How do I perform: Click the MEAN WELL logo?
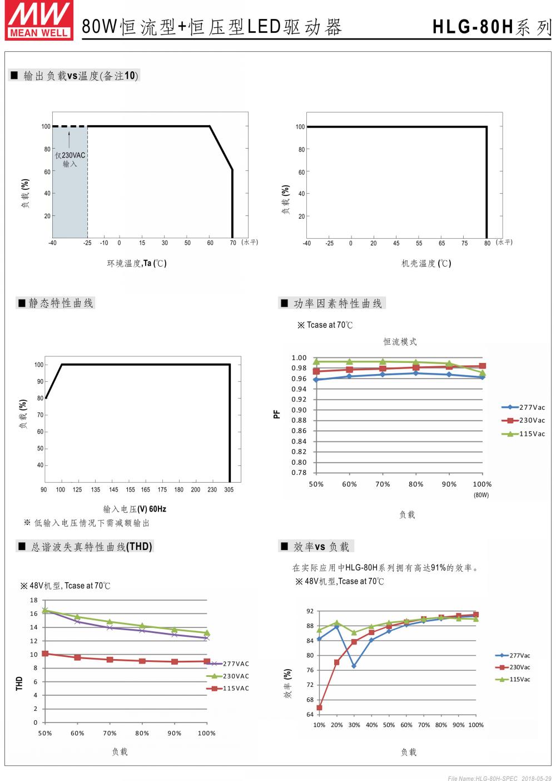[38, 19]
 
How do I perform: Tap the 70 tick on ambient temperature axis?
[233, 243]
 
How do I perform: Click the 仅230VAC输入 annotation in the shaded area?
[70, 160]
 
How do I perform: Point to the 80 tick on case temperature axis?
[487, 243]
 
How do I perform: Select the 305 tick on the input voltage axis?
[229, 490]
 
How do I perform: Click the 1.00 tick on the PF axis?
[299, 358]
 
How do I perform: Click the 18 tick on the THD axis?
[34, 600]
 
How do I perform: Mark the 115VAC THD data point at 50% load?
[45, 654]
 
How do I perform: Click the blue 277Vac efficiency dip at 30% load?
[354, 666]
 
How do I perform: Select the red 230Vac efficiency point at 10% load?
[319, 708]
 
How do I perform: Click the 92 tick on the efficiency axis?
[310, 611]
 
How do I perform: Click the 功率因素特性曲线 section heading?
[337, 303]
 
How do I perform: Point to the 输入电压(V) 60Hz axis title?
[135, 509]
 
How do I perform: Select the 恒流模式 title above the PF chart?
[400, 342]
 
